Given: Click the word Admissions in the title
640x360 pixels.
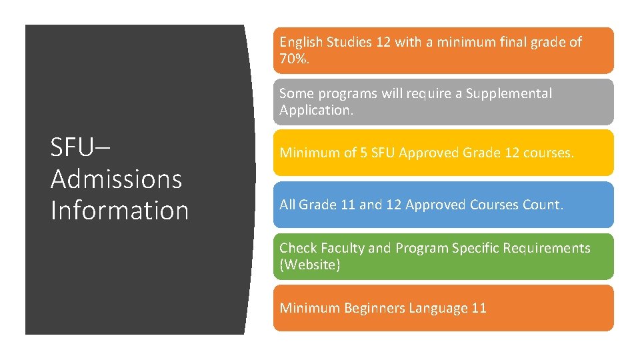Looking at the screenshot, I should [x=116, y=179].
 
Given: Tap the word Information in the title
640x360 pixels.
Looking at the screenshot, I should [x=119, y=210].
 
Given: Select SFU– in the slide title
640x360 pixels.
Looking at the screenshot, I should [x=76, y=147].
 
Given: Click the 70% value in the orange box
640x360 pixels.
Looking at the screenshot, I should [x=294, y=59].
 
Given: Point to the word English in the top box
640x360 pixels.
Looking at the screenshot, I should [x=301, y=42].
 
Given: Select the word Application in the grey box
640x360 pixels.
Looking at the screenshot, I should [x=315, y=110].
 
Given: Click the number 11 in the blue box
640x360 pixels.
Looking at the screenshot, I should [x=347, y=205].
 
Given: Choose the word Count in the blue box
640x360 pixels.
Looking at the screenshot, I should [x=543, y=205].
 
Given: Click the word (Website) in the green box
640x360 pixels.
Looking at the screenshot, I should [x=310, y=265].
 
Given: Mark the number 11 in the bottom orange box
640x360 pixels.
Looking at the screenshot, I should [x=479, y=308].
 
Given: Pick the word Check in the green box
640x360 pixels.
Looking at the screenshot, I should [x=298, y=248].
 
